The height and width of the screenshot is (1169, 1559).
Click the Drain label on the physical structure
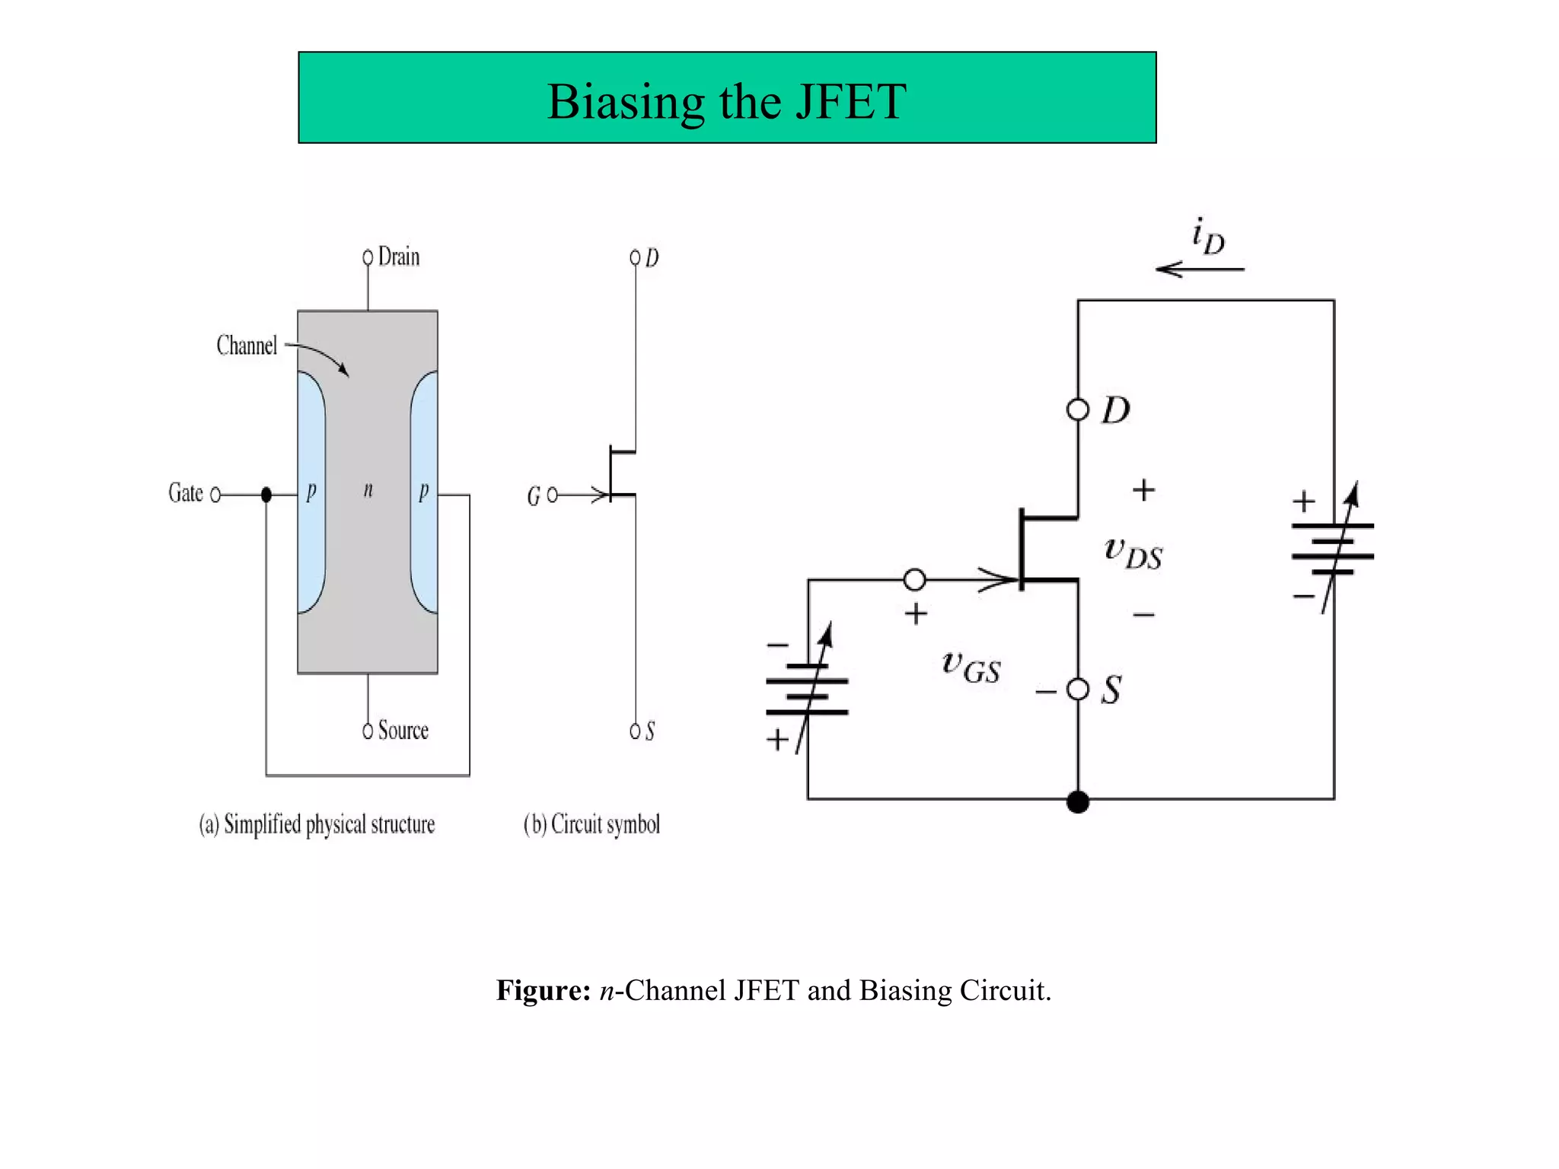(x=398, y=256)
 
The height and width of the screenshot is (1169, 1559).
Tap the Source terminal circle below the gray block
(x=368, y=731)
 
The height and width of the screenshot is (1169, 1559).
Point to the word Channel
(x=247, y=346)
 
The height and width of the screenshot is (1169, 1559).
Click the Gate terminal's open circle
(x=215, y=495)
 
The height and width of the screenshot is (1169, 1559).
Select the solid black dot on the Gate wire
(x=266, y=495)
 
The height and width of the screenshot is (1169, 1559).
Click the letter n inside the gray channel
(x=368, y=489)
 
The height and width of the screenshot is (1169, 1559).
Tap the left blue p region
(x=311, y=492)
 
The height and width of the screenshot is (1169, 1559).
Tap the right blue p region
(x=425, y=492)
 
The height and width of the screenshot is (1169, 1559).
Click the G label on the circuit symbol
(x=533, y=497)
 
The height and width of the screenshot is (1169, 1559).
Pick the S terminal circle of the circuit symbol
(x=635, y=731)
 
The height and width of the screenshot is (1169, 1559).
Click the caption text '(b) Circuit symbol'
(x=591, y=824)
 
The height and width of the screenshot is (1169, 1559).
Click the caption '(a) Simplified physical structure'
(x=317, y=824)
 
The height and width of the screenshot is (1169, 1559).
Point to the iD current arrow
(x=1200, y=269)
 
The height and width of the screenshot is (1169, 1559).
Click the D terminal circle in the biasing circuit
(x=1078, y=410)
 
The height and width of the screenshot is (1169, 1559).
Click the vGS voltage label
(x=971, y=666)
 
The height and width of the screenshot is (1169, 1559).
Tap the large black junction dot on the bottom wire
(x=1078, y=801)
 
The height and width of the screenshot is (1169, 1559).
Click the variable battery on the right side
(x=1333, y=549)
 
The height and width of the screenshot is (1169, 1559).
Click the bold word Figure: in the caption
(x=544, y=990)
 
